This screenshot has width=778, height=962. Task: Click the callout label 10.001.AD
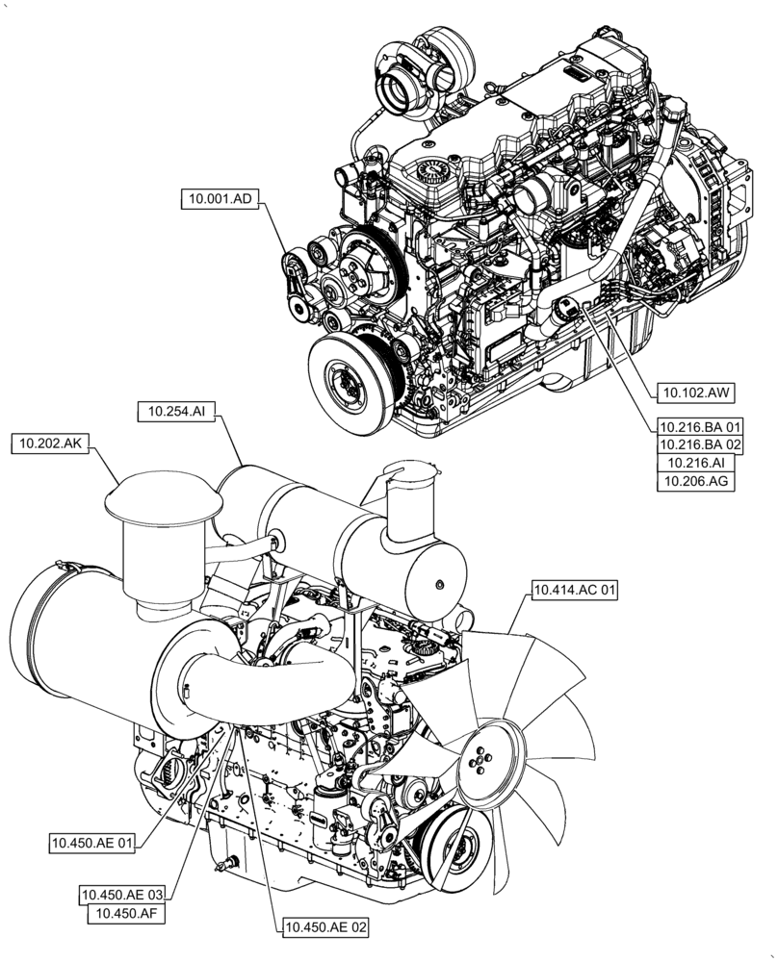pos(218,199)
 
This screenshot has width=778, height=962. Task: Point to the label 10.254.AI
pos(176,411)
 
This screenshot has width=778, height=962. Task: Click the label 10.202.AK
pos(51,443)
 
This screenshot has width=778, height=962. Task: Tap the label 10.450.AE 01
pos(92,844)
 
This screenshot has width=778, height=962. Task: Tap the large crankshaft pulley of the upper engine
pos(347,378)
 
